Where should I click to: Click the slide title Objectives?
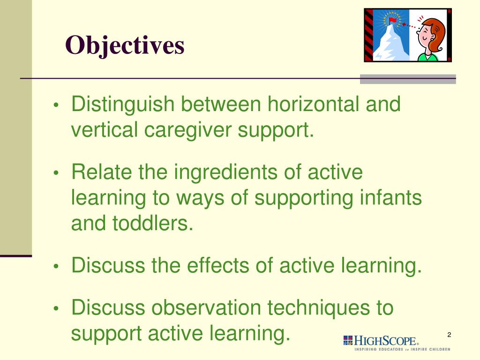[125, 46]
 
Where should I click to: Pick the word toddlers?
[152, 224]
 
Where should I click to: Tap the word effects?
[218, 266]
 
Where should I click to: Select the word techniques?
[317, 308]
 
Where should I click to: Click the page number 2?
[449, 334]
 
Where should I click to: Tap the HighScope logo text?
[384, 340]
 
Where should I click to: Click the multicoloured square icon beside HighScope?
[348, 340]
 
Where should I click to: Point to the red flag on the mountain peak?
[393, 20]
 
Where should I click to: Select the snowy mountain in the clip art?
[390, 45]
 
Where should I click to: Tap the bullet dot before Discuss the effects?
[56, 267]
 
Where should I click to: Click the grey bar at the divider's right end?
[408, 79]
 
